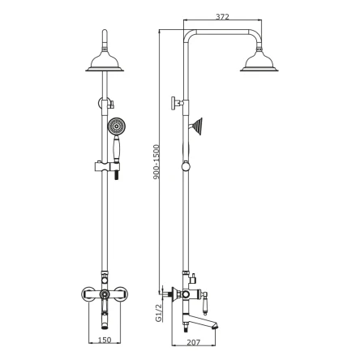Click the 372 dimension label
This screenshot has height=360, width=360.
(x=222, y=17)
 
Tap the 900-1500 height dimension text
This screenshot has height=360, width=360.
(x=156, y=162)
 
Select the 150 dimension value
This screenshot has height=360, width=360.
(x=105, y=340)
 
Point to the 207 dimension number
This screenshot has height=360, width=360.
(x=194, y=342)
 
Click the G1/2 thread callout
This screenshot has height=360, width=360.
(x=158, y=313)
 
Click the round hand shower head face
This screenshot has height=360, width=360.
(x=117, y=126)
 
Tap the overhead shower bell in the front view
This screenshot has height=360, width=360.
(x=105, y=62)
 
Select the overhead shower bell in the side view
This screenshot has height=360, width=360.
(x=259, y=62)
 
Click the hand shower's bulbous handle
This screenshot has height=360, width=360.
(x=116, y=148)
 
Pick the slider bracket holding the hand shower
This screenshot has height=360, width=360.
(x=107, y=166)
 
